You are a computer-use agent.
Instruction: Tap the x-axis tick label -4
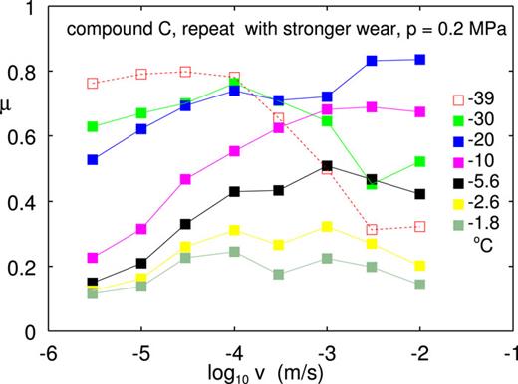click(x=233, y=350)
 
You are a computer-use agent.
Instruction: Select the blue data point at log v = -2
click(x=419, y=60)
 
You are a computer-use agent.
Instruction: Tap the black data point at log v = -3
click(x=327, y=166)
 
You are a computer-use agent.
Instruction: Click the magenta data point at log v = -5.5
click(x=93, y=258)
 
